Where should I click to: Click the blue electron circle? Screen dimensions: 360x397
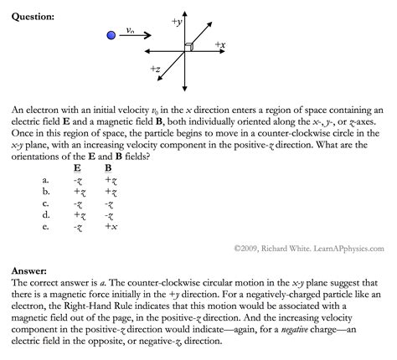click(111, 35)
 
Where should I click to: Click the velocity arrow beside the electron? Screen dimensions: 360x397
click(136, 36)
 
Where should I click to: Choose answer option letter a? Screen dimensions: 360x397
click(46, 178)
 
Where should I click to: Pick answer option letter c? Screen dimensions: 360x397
click(46, 202)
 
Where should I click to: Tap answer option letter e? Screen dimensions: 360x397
click(46, 225)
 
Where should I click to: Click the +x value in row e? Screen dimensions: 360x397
click(110, 225)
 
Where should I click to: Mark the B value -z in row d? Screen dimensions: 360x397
click(110, 213)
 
